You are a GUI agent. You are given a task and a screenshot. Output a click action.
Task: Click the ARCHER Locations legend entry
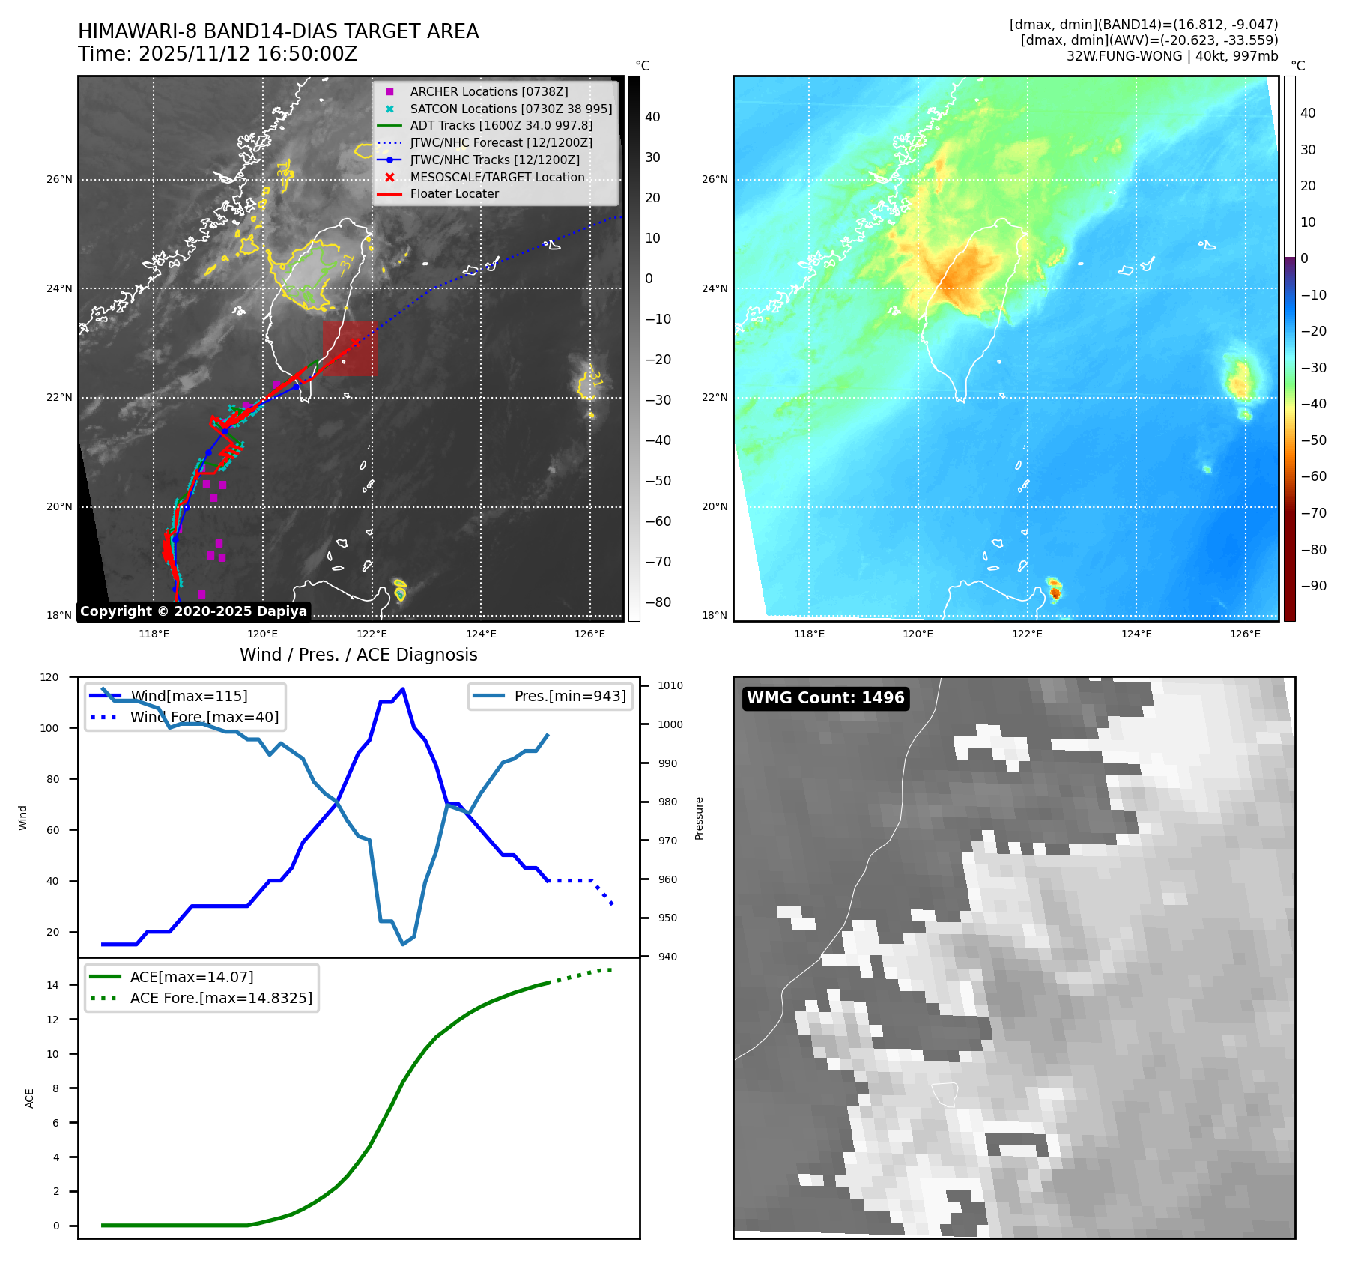(x=488, y=91)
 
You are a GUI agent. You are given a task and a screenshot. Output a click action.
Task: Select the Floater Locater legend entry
(x=454, y=193)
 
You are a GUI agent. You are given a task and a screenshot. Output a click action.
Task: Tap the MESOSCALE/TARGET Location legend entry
(x=497, y=177)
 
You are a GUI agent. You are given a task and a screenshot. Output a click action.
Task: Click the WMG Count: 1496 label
(x=825, y=698)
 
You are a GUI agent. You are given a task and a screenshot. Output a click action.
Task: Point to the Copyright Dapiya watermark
(x=193, y=611)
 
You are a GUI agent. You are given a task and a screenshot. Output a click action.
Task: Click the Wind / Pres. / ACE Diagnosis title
(x=358, y=655)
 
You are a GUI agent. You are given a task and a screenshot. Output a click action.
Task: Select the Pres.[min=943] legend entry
(x=569, y=696)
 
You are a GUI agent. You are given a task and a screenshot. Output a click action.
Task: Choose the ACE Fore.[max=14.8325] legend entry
(x=221, y=998)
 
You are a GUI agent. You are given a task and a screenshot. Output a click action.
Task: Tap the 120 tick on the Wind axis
(x=49, y=677)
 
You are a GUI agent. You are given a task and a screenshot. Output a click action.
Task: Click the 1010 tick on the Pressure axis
(x=670, y=685)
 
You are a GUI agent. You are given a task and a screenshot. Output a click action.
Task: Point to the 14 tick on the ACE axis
(x=53, y=985)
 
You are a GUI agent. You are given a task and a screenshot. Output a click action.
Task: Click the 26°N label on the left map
(x=60, y=180)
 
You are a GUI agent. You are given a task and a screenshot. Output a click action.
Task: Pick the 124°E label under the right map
(x=1136, y=634)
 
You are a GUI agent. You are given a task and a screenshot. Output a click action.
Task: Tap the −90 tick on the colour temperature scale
(x=1313, y=586)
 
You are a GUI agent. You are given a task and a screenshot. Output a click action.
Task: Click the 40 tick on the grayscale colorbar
(x=652, y=117)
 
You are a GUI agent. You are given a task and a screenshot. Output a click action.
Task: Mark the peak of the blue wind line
(x=403, y=688)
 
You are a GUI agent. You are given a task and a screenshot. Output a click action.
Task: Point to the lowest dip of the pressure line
(x=403, y=944)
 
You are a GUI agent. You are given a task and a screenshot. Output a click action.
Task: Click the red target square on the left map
(x=350, y=348)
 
